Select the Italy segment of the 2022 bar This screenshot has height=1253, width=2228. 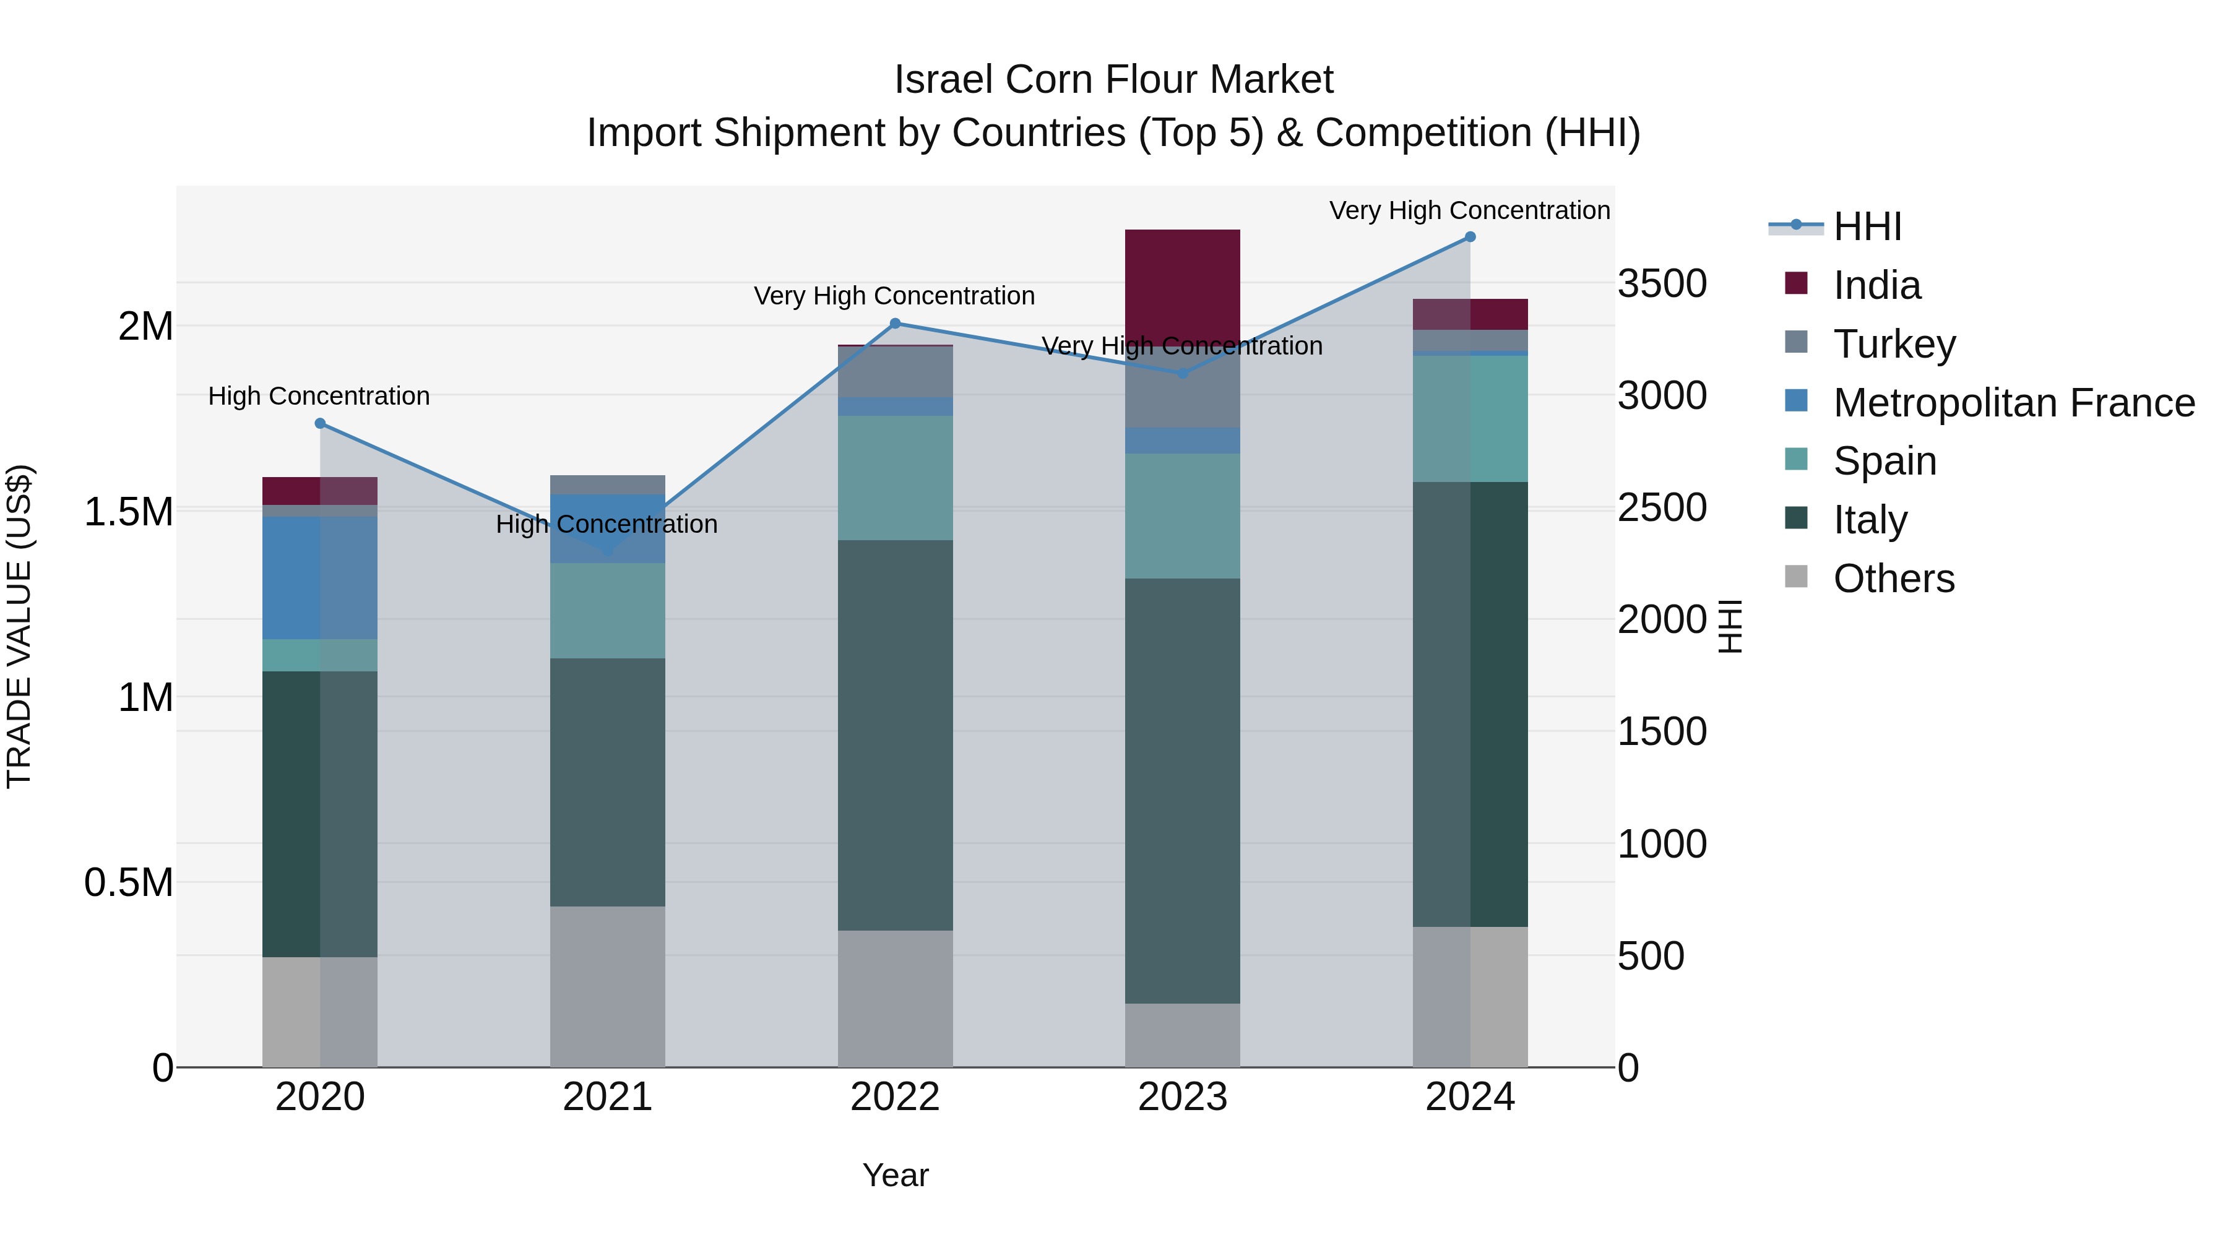tap(894, 735)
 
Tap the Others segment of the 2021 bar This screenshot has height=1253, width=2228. tap(607, 986)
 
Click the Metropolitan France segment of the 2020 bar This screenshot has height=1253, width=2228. tap(319, 578)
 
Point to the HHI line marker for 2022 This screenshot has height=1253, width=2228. tap(895, 324)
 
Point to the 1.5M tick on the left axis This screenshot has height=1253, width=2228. tap(128, 512)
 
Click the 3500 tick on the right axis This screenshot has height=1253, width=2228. tap(1662, 283)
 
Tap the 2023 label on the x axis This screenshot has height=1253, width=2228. tap(1181, 1097)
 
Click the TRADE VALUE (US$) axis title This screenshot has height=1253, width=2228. tap(19, 626)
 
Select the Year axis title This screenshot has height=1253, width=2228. tap(895, 1175)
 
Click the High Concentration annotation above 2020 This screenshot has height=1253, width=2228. tap(319, 396)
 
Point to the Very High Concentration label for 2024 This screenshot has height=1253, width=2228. tap(1469, 210)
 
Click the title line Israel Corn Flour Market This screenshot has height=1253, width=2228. tap(1113, 80)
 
